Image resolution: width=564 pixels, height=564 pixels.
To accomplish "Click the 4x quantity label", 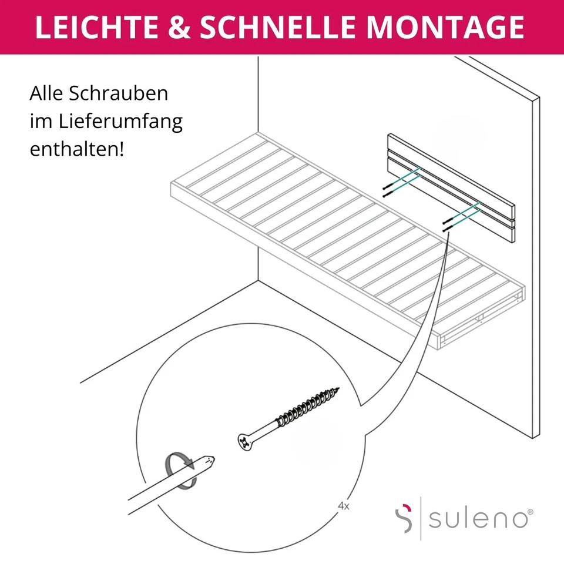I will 344,505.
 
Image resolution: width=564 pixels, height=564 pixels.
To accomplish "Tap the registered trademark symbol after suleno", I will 531,512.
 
